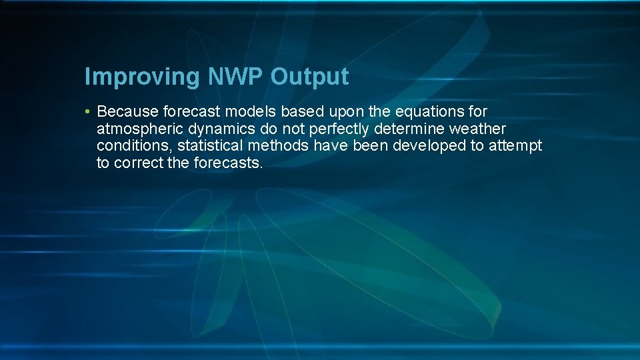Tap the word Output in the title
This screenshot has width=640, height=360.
pyautogui.click(x=309, y=77)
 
